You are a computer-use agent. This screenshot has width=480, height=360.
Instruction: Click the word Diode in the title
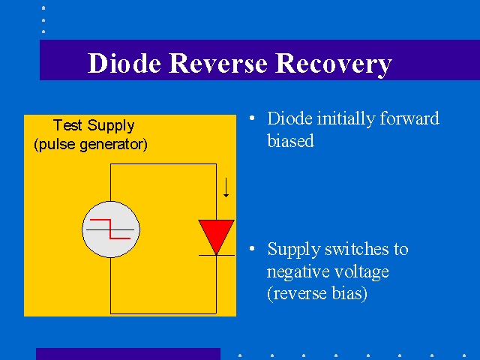point(124,63)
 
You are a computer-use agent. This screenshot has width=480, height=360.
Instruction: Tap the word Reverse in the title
point(218,63)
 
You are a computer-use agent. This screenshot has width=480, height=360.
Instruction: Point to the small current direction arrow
point(226,187)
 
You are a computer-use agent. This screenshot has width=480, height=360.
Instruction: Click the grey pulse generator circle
point(111,229)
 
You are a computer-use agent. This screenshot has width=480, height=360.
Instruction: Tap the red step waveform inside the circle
point(110,229)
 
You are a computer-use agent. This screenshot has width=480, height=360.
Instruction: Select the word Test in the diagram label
point(67,125)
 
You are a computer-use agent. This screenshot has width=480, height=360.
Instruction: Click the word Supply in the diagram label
point(111,126)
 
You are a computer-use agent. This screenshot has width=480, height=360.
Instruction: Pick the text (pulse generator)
point(91,145)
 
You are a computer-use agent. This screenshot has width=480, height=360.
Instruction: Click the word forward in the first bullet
point(409,118)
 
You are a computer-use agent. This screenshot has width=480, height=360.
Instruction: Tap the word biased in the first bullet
point(290,140)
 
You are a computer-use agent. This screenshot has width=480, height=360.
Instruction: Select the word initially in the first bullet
point(346,118)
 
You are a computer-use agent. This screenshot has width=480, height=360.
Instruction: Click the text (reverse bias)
point(317,293)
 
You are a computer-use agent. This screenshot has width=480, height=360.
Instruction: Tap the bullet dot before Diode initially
point(252,118)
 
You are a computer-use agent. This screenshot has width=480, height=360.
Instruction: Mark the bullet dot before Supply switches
point(252,248)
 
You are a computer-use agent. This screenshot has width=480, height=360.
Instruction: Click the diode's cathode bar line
point(217,255)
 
